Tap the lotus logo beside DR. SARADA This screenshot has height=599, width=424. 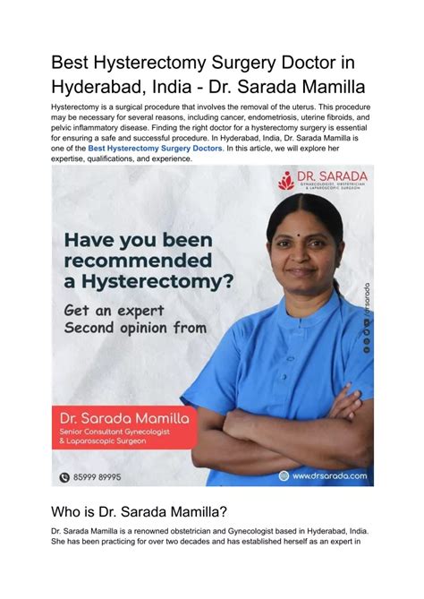click(286, 181)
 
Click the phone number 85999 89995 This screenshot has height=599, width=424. click(96, 477)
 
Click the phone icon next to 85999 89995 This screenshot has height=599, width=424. click(64, 477)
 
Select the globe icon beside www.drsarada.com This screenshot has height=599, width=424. click(284, 475)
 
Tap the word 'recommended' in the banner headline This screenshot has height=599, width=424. click(137, 261)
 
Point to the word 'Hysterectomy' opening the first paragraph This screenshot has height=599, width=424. click(79, 106)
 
